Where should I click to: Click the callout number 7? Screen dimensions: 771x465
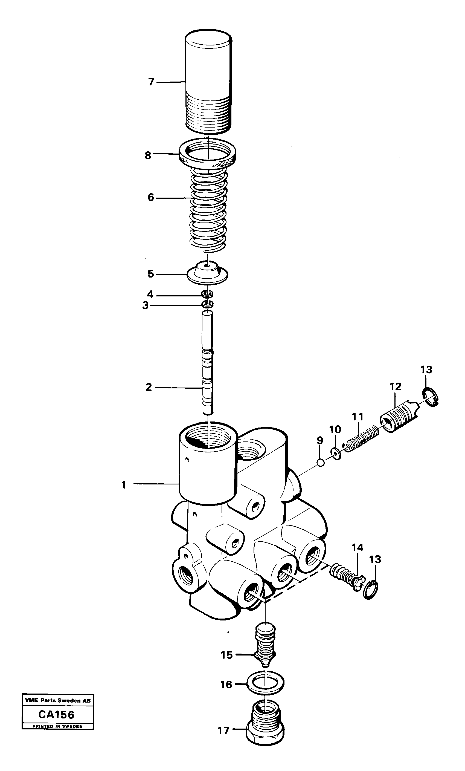(x=151, y=82)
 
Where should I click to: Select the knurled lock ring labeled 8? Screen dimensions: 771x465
(x=208, y=154)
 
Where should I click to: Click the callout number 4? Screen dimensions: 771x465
(x=150, y=294)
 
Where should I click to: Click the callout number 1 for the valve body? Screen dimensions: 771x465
(x=124, y=485)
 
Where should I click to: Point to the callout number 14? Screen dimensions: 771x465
(x=358, y=548)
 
